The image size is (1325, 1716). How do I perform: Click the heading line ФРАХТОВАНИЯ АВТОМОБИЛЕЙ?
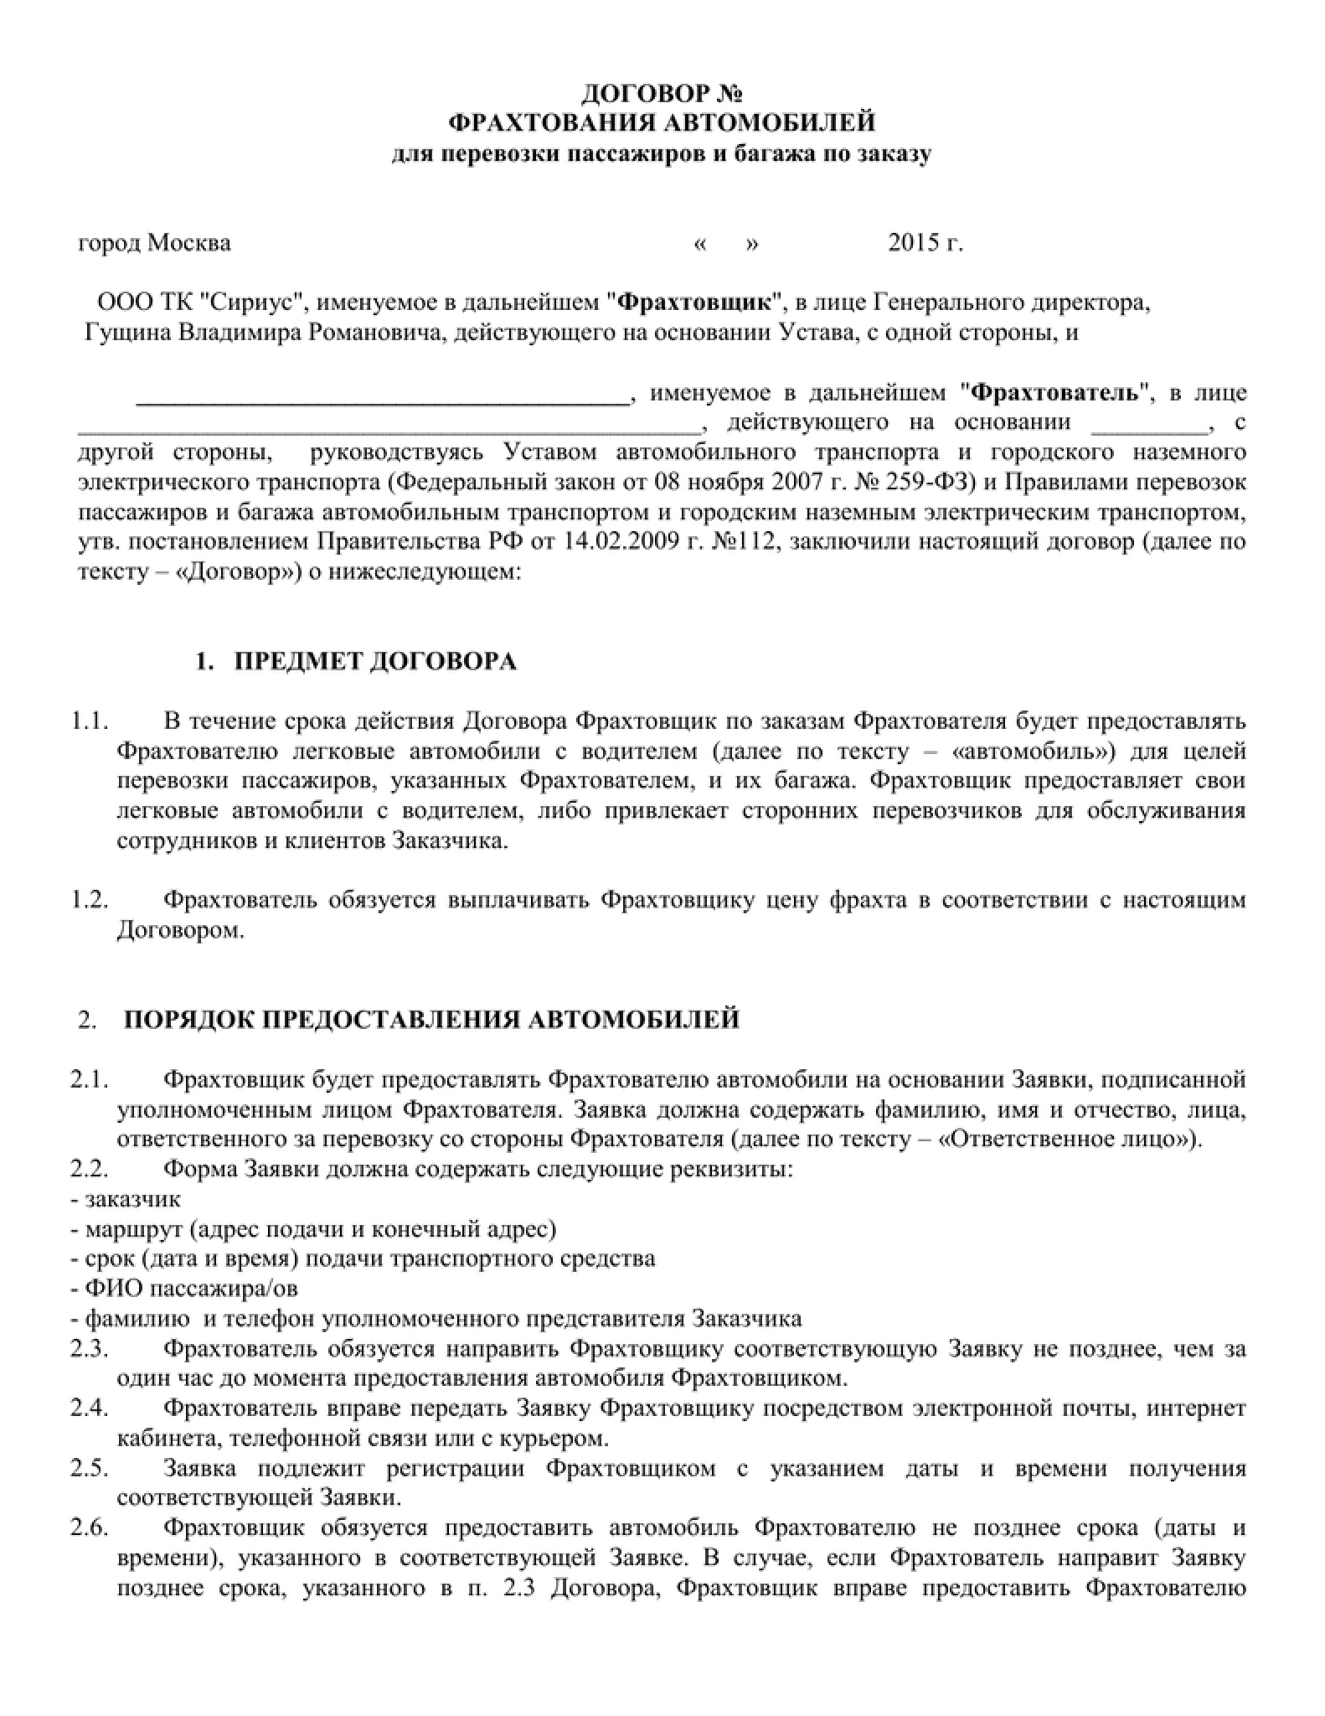point(662,122)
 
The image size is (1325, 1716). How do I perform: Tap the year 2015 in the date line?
point(911,244)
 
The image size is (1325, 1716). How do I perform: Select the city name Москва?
point(189,244)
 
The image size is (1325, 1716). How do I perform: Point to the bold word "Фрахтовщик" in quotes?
point(698,302)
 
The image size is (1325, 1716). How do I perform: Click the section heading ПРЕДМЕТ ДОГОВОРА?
point(374,662)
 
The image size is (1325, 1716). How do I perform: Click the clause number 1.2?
point(90,900)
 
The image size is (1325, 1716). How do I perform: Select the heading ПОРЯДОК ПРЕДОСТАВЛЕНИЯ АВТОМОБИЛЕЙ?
point(431,1020)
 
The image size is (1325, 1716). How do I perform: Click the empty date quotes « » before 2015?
point(726,245)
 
